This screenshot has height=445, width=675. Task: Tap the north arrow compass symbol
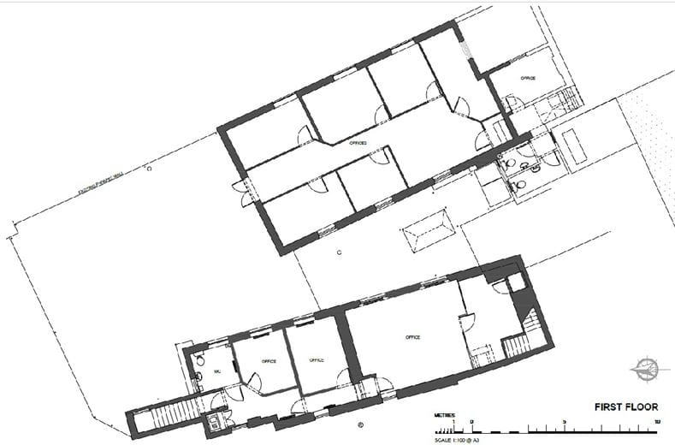tap(648, 369)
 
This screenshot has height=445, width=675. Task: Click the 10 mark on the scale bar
tap(656, 421)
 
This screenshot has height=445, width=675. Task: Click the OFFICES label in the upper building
tap(358, 144)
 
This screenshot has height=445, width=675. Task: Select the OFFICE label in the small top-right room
tap(528, 78)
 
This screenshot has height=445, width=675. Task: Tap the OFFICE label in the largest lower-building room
tap(413, 337)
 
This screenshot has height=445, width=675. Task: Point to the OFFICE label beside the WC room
tap(268, 360)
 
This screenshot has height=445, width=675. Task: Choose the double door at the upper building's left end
tap(246, 195)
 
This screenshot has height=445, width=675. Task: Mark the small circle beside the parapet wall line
tap(149, 169)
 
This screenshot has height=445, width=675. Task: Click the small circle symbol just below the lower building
tap(360, 424)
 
